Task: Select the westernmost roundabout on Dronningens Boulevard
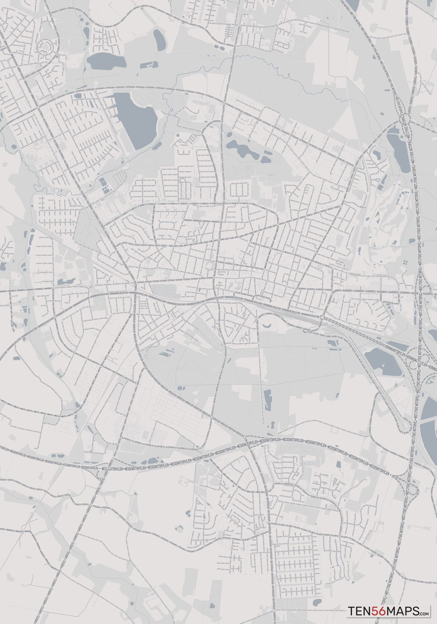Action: pos(55,317)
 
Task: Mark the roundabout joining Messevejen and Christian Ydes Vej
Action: pos(212,417)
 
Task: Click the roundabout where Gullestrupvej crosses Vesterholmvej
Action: pos(224,102)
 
